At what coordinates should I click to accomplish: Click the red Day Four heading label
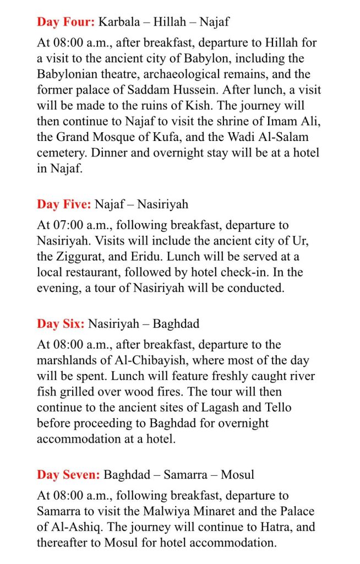(x=66, y=22)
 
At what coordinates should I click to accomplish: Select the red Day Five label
(x=64, y=204)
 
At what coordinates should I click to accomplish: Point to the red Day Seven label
(x=68, y=474)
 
